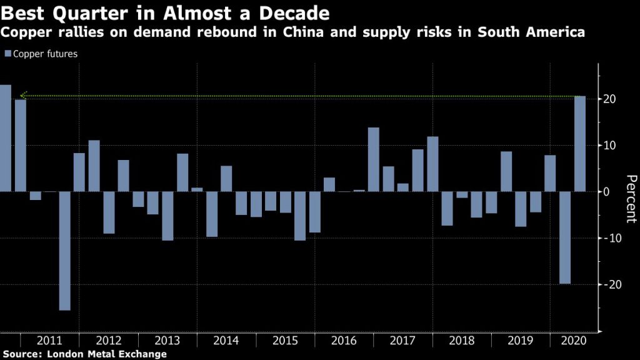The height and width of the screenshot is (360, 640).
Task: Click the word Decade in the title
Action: coord(294,13)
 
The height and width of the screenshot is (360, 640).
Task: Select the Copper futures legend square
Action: coord(7,54)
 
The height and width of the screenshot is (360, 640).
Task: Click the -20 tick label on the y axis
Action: coord(611,284)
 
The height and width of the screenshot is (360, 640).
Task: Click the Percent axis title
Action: coord(631,199)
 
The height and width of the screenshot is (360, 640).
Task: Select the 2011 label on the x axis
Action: coord(49,341)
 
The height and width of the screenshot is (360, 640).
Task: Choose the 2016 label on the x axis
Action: coord(344,341)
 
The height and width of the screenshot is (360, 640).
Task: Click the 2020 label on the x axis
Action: coord(574,341)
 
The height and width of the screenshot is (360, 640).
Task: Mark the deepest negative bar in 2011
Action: coord(64,251)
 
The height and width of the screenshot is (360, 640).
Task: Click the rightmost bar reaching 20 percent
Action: coord(579,144)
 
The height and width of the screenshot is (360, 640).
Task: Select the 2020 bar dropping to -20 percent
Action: coord(565,237)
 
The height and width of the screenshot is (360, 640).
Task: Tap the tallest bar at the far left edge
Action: coord(5,138)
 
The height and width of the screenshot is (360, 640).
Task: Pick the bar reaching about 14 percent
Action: coord(374,159)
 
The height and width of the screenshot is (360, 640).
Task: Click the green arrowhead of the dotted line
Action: coord(23,96)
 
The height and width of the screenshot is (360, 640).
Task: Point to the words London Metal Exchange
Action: coord(107,354)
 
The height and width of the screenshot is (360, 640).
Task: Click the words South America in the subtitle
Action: coord(531,32)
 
